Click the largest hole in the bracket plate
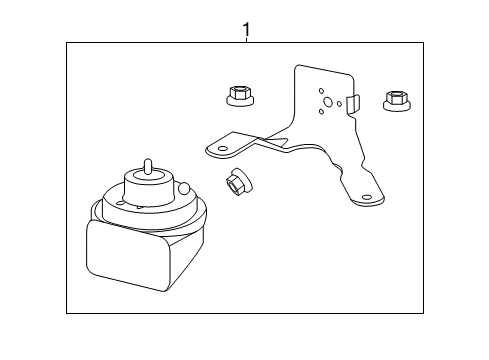[x=327, y=101]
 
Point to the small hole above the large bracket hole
[x=322, y=87]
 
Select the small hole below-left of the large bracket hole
[x=319, y=112]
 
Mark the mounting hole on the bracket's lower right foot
[x=367, y=198]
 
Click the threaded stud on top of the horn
[x=147, y=167]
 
